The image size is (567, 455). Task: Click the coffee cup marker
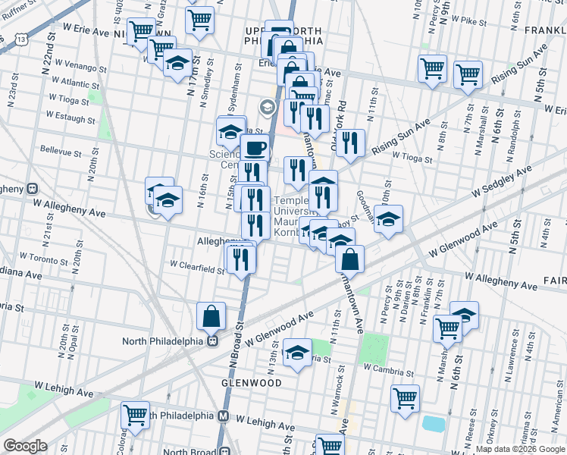click(x=255, y=148)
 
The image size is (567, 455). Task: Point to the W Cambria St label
click(x=389, y=367)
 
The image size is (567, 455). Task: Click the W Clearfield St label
click(x=197, y=265)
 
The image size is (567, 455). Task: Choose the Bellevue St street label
click(x=61, y=152)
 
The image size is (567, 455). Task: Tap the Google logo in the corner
click(x=25, y=446)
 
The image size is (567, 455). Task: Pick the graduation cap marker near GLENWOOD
click(x=297, y=353)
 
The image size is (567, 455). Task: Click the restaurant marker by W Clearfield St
click(x=242, y=259)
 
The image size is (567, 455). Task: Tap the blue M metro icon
click(x=224, y=416)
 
